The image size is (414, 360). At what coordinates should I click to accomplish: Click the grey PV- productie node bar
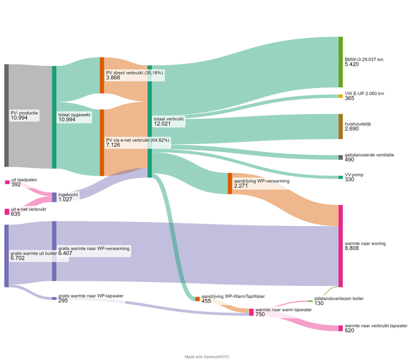pyautogui.click(x=7, y=115)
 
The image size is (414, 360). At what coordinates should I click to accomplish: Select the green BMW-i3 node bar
pyautogui.click(x=341, y=62)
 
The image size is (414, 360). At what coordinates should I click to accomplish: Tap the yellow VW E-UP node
pyautogui.click(x=341, y=96)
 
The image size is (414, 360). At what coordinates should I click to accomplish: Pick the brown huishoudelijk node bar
pyautogui.click(x=341, y=126)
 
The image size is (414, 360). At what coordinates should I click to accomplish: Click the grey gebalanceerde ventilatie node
pyautogui.click(x=341, y=157)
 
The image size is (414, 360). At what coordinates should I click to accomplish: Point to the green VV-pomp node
pyautogui.click(x=341, y=177)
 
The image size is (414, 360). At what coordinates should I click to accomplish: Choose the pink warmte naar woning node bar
pyautogui.click(x=341, y=246)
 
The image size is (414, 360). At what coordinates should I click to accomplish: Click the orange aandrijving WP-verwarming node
pyautogui.click(x=230, y=184)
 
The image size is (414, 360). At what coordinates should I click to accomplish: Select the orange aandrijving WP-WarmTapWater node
pyautogui.click(x=198, y=299)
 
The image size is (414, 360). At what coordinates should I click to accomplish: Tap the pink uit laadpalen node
pyautogui.click(x=7, y=182)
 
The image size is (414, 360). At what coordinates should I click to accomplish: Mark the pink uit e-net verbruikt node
pyautogui.click(x=7, y=212)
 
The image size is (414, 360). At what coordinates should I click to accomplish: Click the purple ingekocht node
pyautogui.click(x=54, y=197)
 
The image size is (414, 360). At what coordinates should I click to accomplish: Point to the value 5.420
pyautogui.click(x=352, y=64)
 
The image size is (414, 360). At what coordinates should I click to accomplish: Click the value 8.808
pyautogui.click(x=352, y=248)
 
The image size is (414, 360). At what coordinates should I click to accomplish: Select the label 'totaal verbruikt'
pyautogui.click(x=169, y=119)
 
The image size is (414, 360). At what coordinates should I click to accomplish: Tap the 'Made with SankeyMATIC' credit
pyautogui.click(x=207, y=357)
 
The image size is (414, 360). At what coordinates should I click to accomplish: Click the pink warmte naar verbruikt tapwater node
pyautogui.click(x=341, y=328)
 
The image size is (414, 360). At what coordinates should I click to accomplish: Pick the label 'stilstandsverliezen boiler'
pyautogui.click(x=339, y=298)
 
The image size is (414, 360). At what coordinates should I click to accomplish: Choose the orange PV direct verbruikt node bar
pyautogui.click(x=102, y=75)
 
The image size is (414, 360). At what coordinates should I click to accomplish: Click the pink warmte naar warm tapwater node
pyautogui.click(x=252, y=312)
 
